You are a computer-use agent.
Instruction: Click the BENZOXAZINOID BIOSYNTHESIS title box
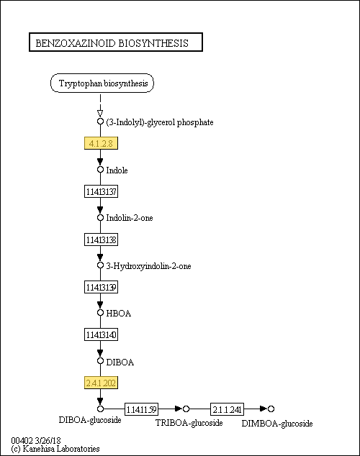[116, 42]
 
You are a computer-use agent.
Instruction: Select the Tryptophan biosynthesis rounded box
[102, 83]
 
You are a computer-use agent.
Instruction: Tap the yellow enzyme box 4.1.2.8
[101, 143]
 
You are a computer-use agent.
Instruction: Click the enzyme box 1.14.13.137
[101, 191]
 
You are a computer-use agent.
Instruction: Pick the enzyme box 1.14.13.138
[101, 240]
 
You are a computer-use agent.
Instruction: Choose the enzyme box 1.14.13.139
[101, 287]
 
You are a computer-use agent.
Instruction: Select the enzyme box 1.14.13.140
[101, 334]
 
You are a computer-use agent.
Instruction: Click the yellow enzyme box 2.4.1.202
[101, 383]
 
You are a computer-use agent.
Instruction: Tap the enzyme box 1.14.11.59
[141, 409]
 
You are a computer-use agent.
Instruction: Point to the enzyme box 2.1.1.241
[227, 409]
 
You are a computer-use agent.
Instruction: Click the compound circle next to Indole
[100, 170]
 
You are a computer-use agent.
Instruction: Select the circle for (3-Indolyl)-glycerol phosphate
[100, 122]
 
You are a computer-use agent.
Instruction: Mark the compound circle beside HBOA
[100, 313]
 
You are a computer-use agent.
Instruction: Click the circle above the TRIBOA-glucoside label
[186, 409]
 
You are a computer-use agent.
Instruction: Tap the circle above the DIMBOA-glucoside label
[271, 409]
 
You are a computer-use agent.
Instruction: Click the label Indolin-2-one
[130, 218]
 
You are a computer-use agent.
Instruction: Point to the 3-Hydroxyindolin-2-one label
[148, 266]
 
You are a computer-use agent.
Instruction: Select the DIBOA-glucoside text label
[90, 420]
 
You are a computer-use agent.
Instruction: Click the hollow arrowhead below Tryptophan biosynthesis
[100, 114]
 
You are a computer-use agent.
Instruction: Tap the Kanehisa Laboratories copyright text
[55, 449]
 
